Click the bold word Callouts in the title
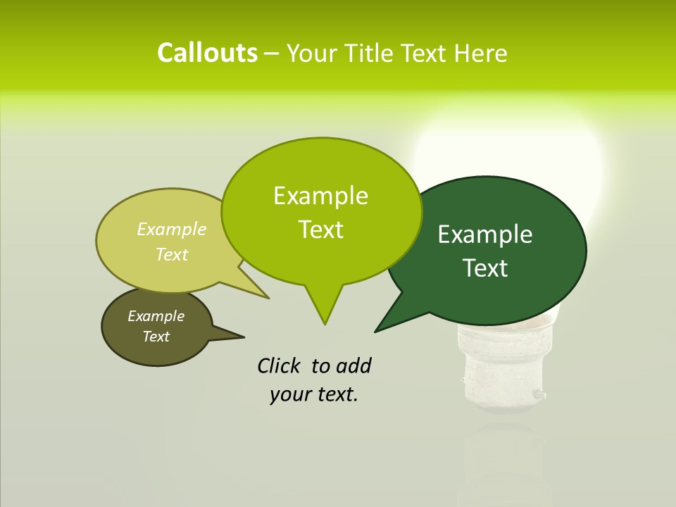point(207,53)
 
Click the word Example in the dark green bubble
point(485,234)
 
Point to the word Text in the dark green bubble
point(485,268)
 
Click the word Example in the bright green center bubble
point(320,196)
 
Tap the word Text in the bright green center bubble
point(320,230)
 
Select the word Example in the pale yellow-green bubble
point(172,229)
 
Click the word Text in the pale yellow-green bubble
point(172,254)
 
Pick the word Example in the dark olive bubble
point(156,316)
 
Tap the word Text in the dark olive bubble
point(156,337)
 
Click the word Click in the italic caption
point(279,365)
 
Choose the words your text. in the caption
point(314,395)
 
